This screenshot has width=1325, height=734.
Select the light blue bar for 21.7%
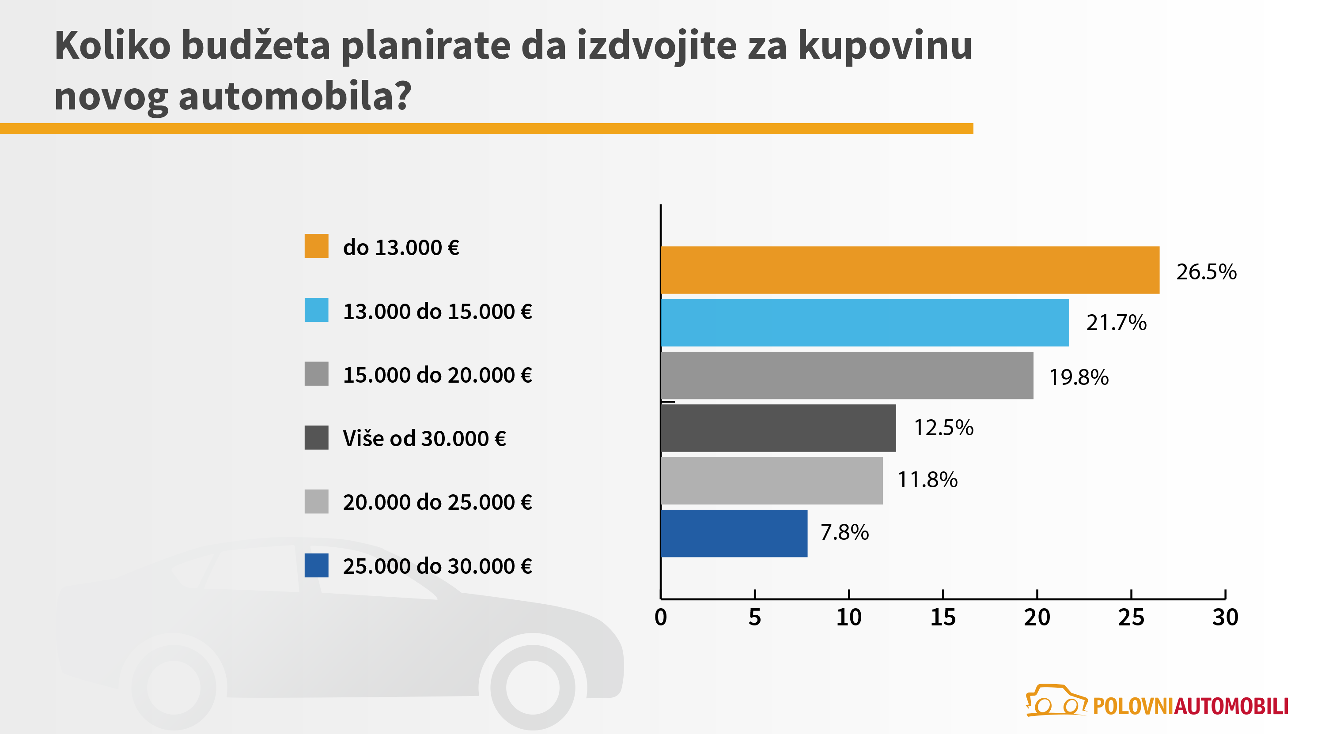click(864, 323)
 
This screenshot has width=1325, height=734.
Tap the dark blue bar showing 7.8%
click(734, 533)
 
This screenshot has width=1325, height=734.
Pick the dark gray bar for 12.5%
click(778, 428)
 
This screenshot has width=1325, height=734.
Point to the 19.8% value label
click(1079, 377)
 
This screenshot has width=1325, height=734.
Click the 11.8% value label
click(927, 480)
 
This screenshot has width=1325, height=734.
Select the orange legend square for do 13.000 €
click(316, 246)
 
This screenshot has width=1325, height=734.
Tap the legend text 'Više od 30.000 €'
click(424, 438)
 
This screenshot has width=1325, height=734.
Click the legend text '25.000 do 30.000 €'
click(437, 566)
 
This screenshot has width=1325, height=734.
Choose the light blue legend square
click(316, 310)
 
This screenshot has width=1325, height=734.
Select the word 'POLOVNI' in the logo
click(1133, 706)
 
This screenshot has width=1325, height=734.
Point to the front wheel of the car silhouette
click(533, 687)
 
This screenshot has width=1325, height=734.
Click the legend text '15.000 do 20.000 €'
click(437, 375)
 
